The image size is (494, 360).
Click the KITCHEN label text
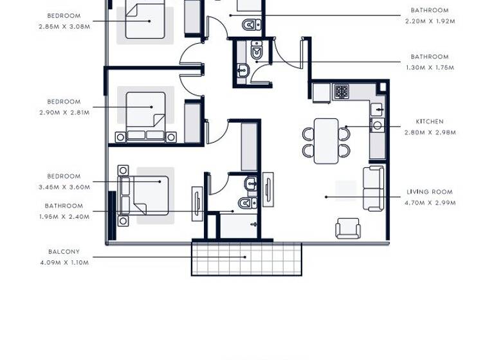click(429, 122)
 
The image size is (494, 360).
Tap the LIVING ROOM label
click(429, 192)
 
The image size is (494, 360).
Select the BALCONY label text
click(64, 251)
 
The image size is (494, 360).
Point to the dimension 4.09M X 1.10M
click(64, 262)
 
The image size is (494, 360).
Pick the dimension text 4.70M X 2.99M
click(429, 203)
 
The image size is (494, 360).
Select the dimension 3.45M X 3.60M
click(64, 187)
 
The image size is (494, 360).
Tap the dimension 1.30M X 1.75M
click(429, 67)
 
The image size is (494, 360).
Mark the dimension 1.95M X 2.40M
click(64, 217)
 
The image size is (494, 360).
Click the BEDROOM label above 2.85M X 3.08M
click(64, 15)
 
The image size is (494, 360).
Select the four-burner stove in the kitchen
click(340, 91)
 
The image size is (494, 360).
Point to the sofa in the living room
click(373, 188)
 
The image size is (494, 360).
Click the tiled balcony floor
click(246, 259)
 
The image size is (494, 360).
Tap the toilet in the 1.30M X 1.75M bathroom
click(257, 51)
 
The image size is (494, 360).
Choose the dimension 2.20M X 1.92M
click(429, 21)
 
